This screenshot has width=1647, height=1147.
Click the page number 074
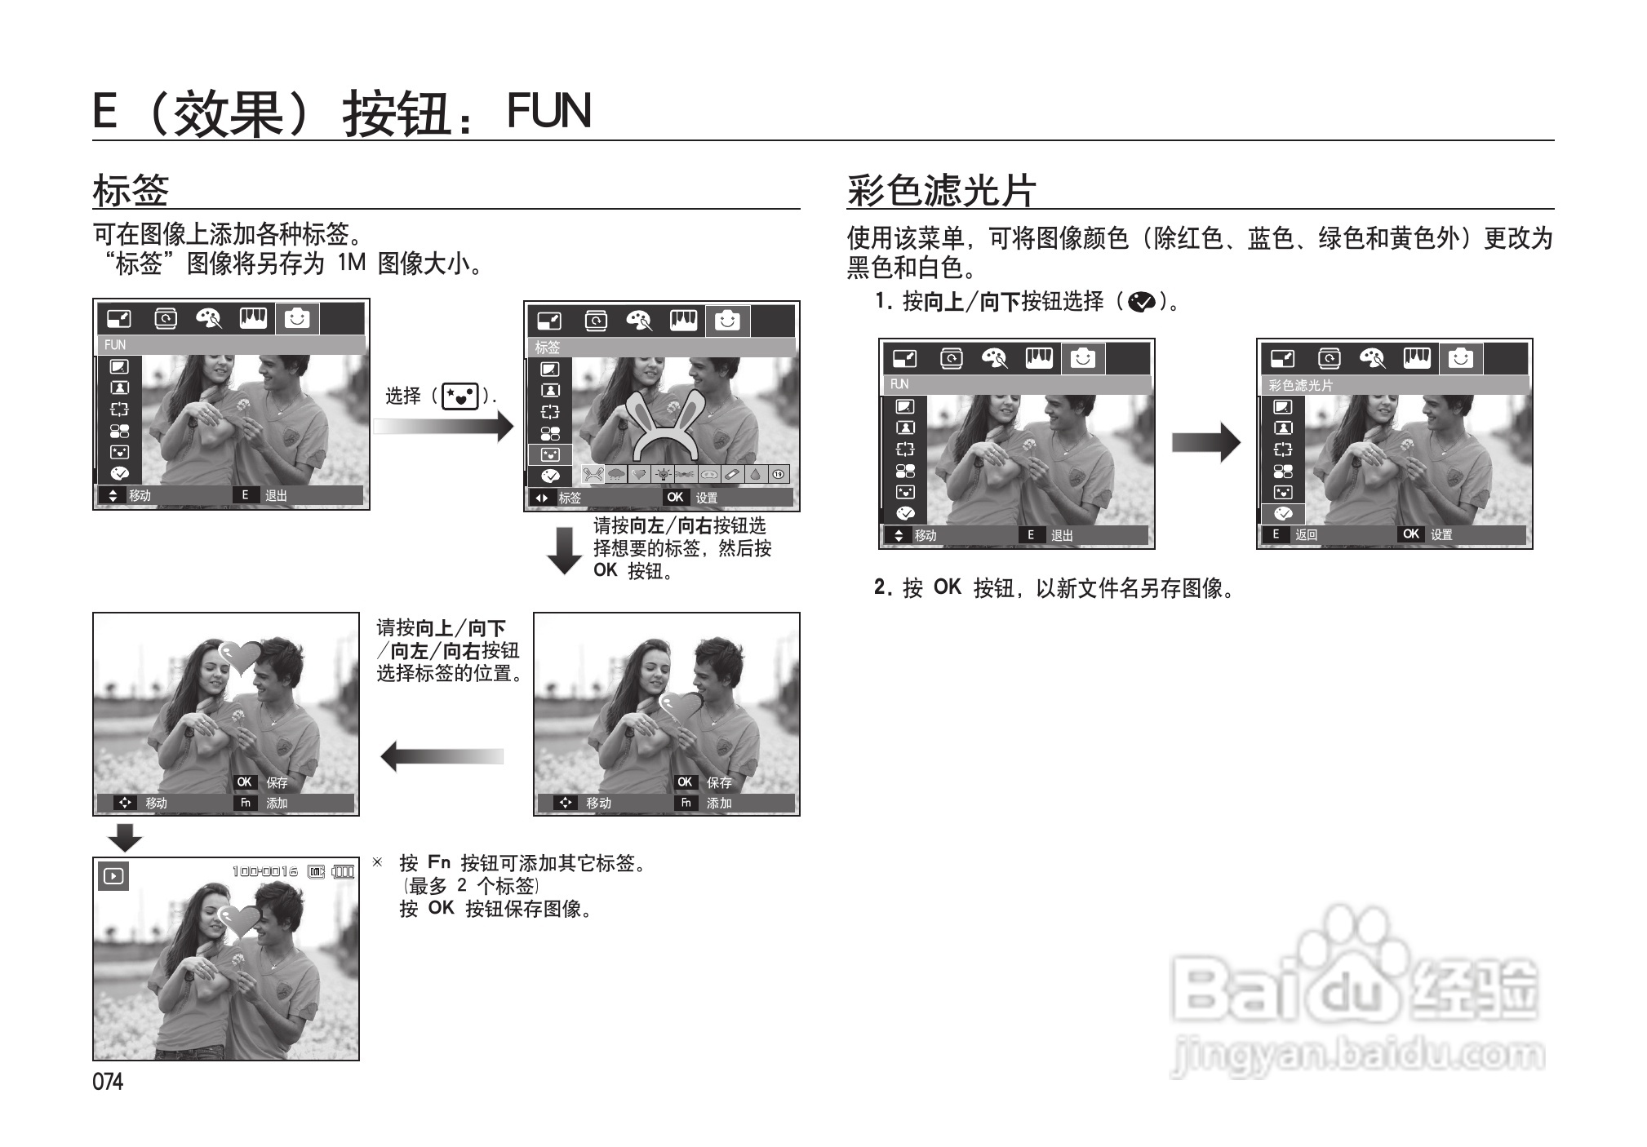(108, 1082)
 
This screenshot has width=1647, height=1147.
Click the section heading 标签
(131, 190)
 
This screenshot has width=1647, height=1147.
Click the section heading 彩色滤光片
(941, 190)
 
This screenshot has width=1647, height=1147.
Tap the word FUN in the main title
(548, 111)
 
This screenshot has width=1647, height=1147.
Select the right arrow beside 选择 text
(443, 427)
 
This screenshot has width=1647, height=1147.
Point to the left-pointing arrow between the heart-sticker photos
(442, 756)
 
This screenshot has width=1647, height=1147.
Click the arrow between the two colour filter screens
(1205, 443)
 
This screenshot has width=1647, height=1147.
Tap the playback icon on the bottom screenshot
(113, 876)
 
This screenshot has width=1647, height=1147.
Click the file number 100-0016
(265, 872)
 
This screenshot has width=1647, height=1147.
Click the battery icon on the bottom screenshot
(343, 872)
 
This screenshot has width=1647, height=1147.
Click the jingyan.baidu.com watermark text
(1356, 1056)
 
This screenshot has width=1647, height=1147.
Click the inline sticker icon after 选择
(460, 397)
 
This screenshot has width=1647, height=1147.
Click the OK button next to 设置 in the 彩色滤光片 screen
(1410, 534)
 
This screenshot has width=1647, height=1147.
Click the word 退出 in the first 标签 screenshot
(276, 496)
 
